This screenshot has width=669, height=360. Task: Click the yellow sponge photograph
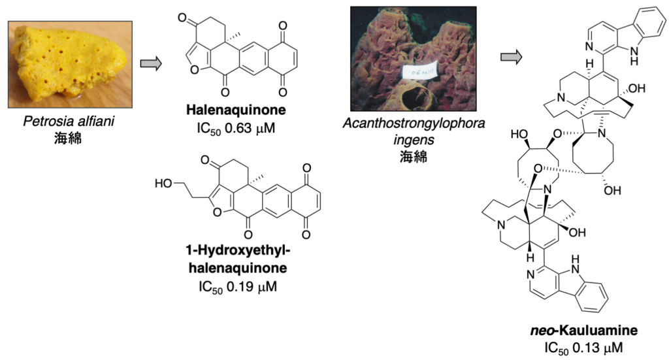(71, 64)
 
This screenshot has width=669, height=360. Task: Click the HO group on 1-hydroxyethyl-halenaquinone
(165, 184)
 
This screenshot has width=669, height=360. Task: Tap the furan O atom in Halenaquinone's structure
(193, 63)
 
